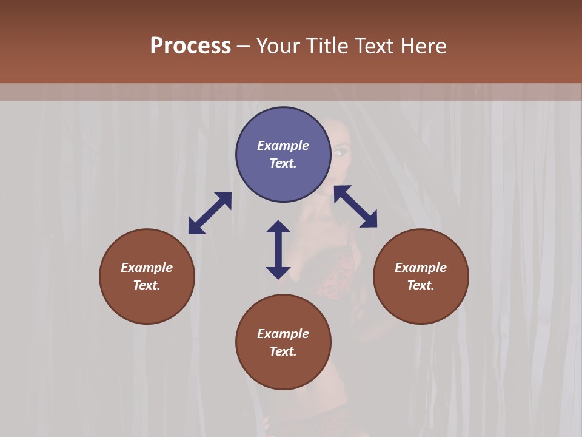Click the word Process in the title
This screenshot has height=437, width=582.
point(190,46)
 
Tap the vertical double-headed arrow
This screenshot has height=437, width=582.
point(278,249)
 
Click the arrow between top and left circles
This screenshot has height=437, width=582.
point(210,213)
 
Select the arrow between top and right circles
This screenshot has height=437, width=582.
point(355,206)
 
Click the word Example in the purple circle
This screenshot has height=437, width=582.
point(283,146)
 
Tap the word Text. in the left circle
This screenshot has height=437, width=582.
point(147,285)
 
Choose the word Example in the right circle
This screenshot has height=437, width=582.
point(421,268)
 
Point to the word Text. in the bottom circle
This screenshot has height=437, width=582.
point(283,351)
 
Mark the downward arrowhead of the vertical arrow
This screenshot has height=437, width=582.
point(278,272)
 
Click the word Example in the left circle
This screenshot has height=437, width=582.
point(147,268)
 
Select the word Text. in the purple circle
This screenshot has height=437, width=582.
point(283,163)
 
